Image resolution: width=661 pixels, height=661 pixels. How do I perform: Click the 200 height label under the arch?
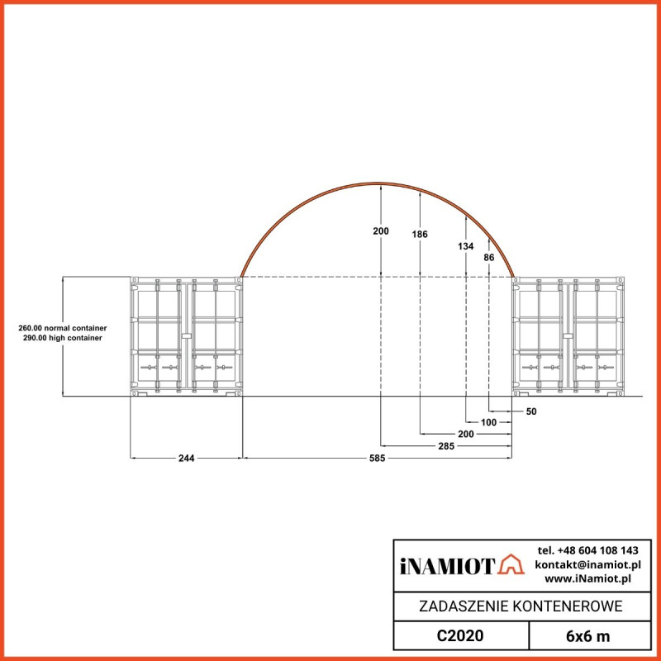click(x=380, y=231)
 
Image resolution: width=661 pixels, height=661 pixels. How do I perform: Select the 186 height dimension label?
click(x=420, y=235)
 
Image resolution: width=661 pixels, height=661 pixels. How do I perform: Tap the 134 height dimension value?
click(x=466, y=246)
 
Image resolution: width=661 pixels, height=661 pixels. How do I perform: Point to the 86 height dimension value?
click(x=489, y=258)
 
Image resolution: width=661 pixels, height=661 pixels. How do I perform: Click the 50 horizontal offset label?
click(x=531, y=411)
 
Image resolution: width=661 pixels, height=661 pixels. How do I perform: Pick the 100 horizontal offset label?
click(x=488, y=422)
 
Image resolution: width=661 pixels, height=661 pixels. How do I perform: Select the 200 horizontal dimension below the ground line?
click(x=466, y=434)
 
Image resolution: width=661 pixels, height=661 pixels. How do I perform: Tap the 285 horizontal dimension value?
click(x=446, y=446)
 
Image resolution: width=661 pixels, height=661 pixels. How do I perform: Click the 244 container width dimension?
click(x=186, y=458)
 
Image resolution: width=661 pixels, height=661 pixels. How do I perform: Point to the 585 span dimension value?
click(x=375, y=458)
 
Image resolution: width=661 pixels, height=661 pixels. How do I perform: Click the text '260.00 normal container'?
click(x=63, y=328)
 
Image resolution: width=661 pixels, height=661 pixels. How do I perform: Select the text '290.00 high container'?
click(x=63, y=339)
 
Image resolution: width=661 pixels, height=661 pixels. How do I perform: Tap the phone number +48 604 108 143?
click(x=587, y=550)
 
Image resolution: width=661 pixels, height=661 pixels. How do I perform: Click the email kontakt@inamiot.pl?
click(x=587, y=564)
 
